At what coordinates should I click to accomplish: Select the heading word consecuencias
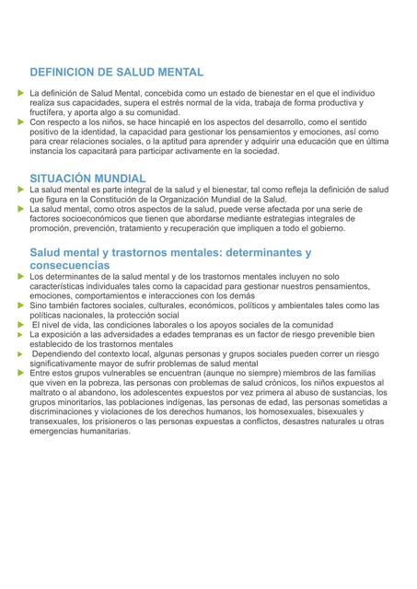[x=69, y=264]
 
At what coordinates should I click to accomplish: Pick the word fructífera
[x=51, y=112]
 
